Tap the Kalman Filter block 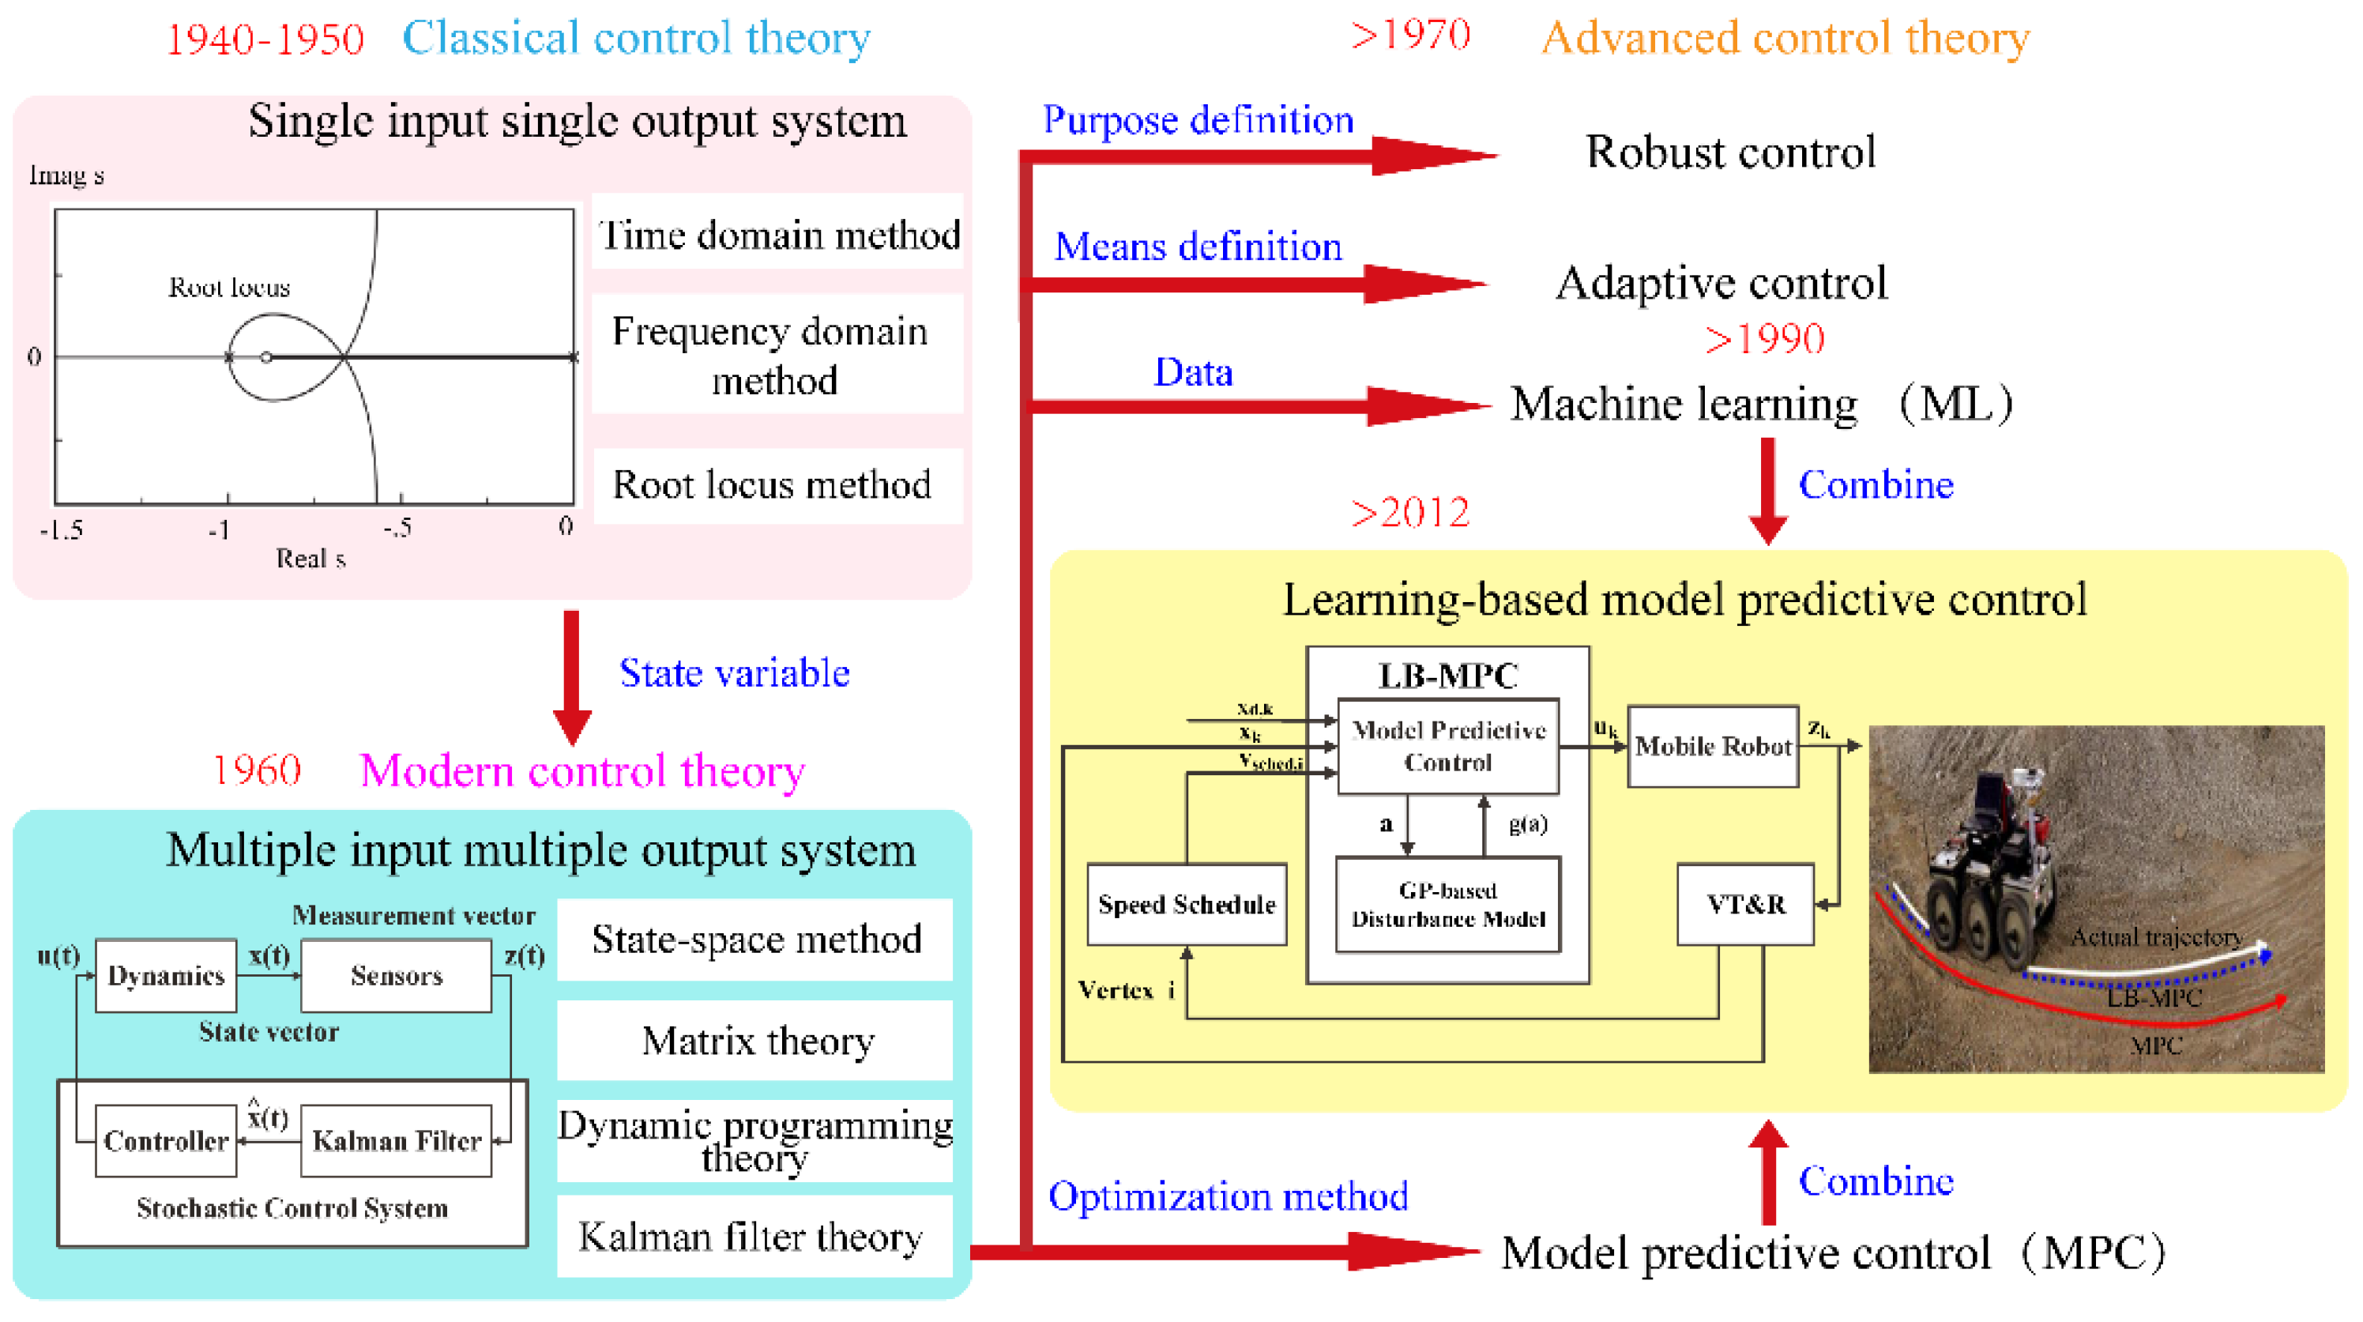[x=397, y=1140]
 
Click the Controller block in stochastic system [x=166, y=1140]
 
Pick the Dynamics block [x=166, y=975]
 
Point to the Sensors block [x=397, y=975]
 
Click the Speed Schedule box [x=1186, y=905]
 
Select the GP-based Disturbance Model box [x=1447, y=905]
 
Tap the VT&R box [x=1744, y=905]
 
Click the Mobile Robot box [x=1713, y=746]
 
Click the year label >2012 [x=1410, y=513]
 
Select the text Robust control [x=1730, y=153]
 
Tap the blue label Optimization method [x=1228, y=1196]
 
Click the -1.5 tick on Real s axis [x=62, y=530]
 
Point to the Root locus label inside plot [x=228, y=287]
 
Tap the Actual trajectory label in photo [x=2156, y=936]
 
